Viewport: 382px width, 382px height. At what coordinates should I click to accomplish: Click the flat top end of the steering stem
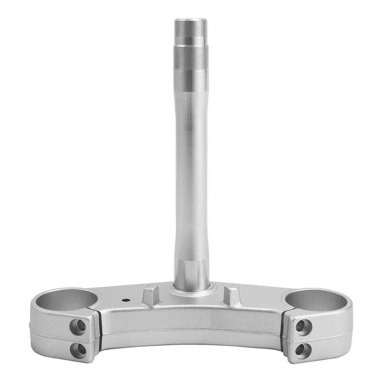tap(191, 19)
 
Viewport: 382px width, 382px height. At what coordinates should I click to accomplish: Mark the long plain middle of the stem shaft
tap(191, 167)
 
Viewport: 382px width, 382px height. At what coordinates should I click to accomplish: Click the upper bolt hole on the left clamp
tap(78, 327)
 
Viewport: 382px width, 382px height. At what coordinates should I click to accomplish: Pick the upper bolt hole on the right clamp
tap(303, 327)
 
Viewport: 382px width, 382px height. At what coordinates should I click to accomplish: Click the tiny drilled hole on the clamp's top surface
tap(126, 301)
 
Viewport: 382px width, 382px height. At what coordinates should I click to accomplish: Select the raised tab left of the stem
tap(151, 295)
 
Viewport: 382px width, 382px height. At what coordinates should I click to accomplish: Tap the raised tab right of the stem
tap(232, 295)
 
